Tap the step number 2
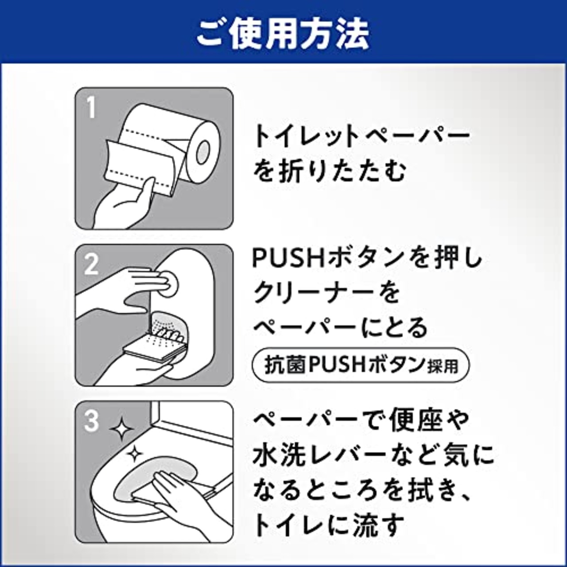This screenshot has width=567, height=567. click(x=91, y=265)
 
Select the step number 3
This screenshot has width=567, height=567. click(x=91, y=421)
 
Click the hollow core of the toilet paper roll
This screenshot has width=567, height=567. click(x=204, y=152)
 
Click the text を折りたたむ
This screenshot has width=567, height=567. click(x=330, y=172)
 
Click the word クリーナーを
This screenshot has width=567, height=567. click(x=326, y=293)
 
